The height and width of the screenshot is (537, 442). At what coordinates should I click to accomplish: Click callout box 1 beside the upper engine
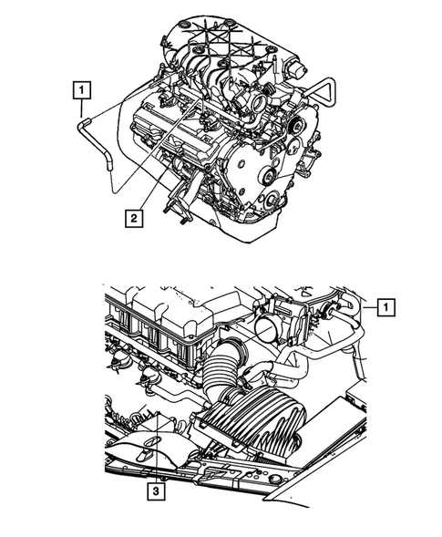click(82, 89)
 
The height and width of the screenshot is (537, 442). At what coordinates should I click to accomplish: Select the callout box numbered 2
click(134, 217)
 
